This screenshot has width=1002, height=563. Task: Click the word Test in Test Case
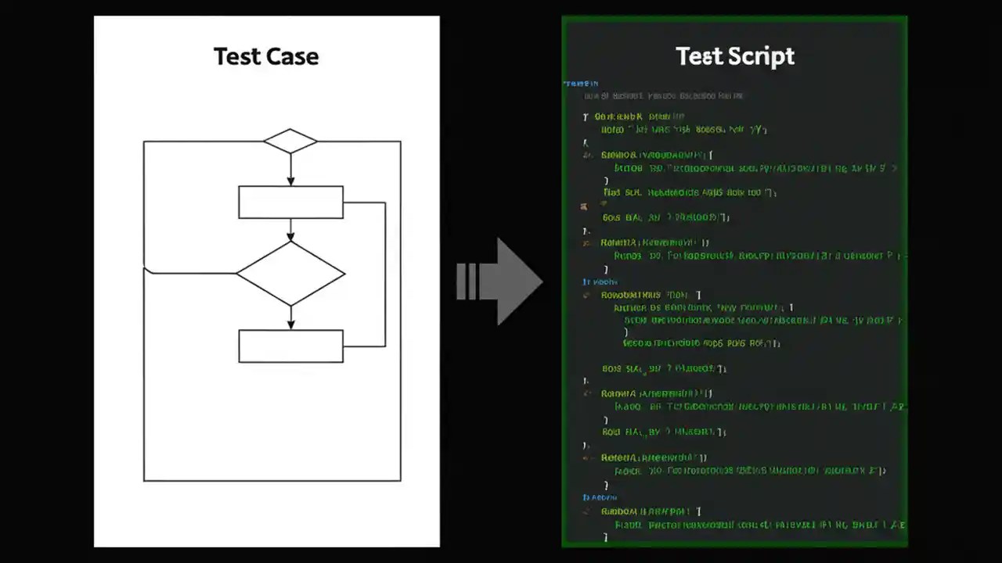[238, 56]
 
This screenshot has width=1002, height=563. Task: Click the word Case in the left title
[292, 56]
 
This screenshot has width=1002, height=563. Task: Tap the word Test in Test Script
[698, 56]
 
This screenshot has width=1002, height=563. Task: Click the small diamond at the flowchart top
[290, 142]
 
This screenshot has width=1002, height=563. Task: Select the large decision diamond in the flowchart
[290, 274]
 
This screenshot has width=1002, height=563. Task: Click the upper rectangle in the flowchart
[290, 202]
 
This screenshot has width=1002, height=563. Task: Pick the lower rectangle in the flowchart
[290, 346]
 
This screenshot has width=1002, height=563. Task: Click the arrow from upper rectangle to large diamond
[290, 230]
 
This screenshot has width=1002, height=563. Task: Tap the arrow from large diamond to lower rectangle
[290, 317]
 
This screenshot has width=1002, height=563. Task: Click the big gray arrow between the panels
[509, 281]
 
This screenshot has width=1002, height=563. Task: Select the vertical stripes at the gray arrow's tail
[467, 281]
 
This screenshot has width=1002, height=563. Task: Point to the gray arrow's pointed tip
[540, 281]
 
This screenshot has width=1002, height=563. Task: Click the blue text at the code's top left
[580, 83]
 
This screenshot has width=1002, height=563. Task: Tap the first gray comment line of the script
[664, 96]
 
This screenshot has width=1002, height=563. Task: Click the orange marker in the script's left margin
[584, 207]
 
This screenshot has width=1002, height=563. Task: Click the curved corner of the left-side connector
[147, 271]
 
